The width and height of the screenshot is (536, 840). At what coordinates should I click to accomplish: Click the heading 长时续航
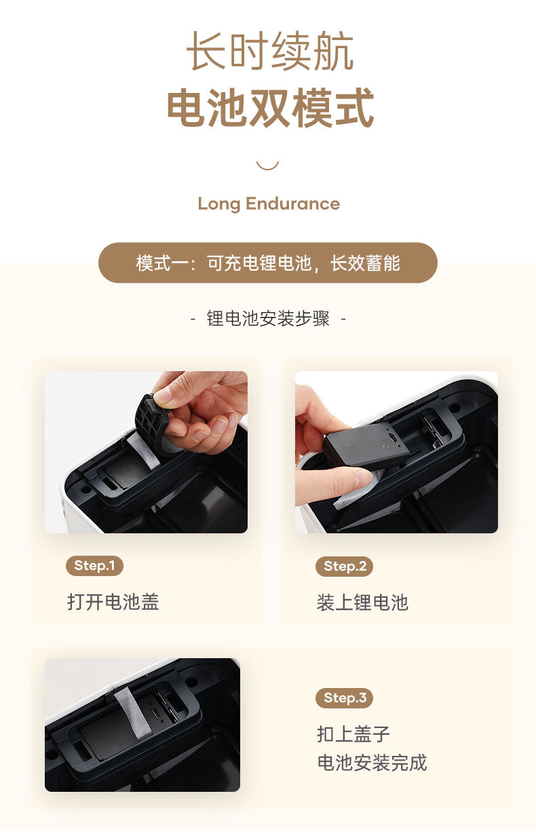[x=269, y=52]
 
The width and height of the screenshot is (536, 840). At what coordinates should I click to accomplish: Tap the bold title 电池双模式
[x=270, y=108]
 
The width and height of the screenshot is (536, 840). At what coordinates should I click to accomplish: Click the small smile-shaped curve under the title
[x=267, y=165]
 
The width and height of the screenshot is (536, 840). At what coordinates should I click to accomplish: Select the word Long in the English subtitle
[x=219, y=204]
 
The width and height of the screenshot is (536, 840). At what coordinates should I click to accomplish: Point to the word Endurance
[x=292, y=204]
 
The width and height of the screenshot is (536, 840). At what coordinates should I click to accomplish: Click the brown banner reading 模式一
[x=268, y=263]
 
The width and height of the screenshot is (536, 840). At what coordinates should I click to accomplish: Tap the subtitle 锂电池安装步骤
[x=268, y=319]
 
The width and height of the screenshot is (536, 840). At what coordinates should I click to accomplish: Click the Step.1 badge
[x=94, y=565]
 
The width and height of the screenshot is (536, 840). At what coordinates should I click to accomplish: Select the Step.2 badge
[x=345, y=567]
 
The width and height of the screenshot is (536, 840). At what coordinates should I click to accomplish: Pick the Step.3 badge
[x=345, y=698]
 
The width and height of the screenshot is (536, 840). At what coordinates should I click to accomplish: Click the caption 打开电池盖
[x=113, y=602]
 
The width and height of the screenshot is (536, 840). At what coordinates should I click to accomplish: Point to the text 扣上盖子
[x=353, y=734]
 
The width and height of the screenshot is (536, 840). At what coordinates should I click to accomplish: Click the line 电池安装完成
[x=372, y=763]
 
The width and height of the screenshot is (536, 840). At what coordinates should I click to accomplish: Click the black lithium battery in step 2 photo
[x=366, y=445]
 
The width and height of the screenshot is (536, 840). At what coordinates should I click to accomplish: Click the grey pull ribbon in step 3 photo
[x=133, y=710]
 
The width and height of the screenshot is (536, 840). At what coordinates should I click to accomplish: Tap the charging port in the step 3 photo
[x=155, y=713]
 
